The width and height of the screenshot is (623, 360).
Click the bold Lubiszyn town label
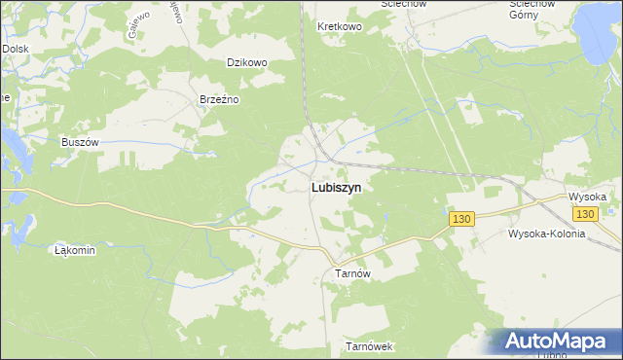coord(339,190)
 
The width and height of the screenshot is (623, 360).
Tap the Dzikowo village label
coord(246,62)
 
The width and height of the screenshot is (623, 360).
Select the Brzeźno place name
coord(219,99)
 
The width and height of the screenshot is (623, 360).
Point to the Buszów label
coord(81,142)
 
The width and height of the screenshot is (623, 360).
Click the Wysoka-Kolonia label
coord(546,234)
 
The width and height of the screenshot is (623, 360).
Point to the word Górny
coord(532,17)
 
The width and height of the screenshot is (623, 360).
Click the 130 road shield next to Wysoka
coord(584,214)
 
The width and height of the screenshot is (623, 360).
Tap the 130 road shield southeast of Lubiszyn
coord(461,221)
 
